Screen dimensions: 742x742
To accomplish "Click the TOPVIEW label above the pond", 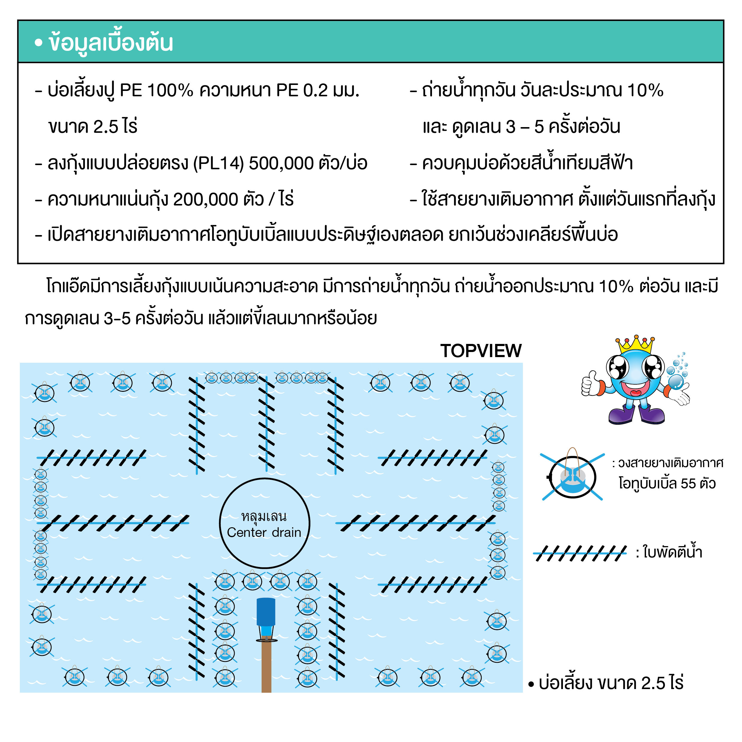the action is (x=481, y=351).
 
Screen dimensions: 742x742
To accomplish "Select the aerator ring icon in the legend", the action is (x=572, y=476).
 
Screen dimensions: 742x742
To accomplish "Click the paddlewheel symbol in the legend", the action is (x=580, y=553).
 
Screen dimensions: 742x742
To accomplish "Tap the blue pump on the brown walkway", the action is (x=266, y=619).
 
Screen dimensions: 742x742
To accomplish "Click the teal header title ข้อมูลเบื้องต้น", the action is (x=111, y=42).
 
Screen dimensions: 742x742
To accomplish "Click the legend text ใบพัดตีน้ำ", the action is (x=672, y=552).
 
